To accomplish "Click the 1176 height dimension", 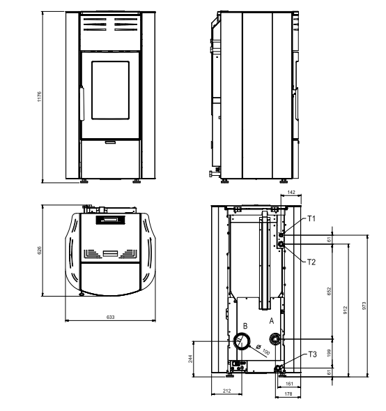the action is tap(39, 96).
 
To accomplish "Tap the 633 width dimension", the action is tap(111, 317).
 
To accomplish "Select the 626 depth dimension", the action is tap(40, 250).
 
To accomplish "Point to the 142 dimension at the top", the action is tap(291, 192).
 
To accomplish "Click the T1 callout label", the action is tap(311, 218).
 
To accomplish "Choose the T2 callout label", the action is tap(311, 262).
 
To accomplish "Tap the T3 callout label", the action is tap(312, 354).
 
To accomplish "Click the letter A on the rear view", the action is tap(272, 321).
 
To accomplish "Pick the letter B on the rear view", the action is tap(245, 326).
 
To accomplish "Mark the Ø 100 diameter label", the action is tap(263, 350).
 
